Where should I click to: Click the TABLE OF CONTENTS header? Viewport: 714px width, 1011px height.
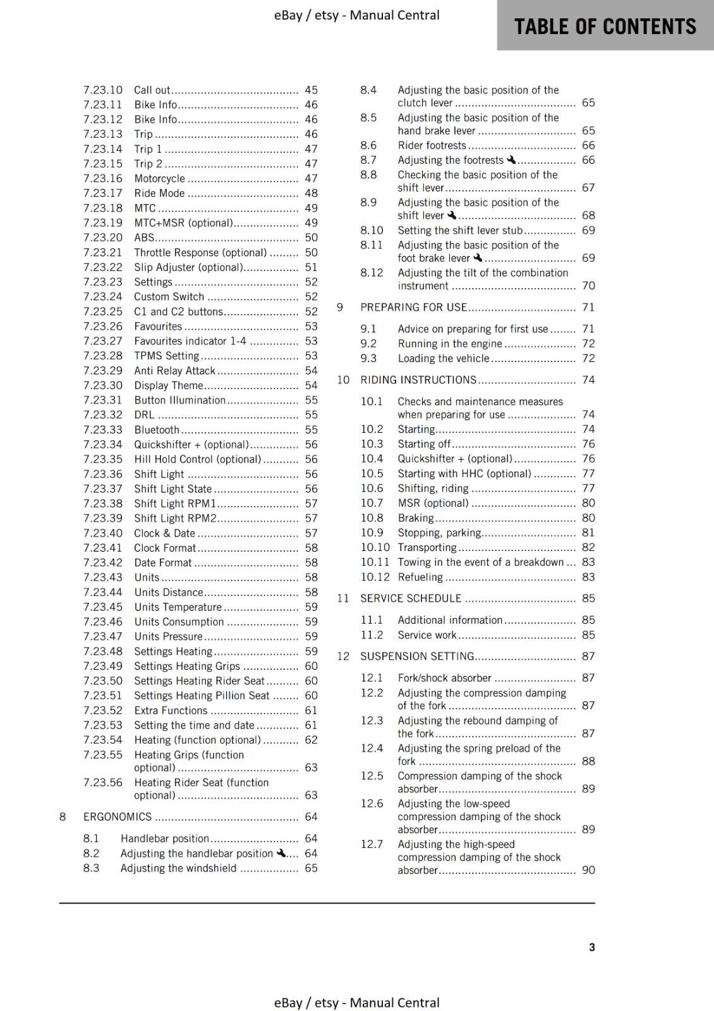(x=605, y=26)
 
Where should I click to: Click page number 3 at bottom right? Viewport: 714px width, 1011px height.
(x=591, y=947)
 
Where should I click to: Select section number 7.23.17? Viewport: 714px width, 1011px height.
(x=102, y=193)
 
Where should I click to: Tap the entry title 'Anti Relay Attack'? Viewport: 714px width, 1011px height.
(x=174, y=371)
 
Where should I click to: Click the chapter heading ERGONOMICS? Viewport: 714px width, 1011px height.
(x=118, y=817)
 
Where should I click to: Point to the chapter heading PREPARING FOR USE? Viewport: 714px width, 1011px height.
(x=413, y=307)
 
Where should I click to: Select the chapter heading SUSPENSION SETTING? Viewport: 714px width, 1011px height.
(x=417, y=657)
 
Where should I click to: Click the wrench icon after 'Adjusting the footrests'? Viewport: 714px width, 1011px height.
(x=511, y=160)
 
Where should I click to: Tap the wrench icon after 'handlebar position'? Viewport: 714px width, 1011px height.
(x=281, y=853)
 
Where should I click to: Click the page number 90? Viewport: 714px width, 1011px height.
(x=588, y=870)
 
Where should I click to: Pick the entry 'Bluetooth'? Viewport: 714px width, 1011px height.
(x=157, y=430)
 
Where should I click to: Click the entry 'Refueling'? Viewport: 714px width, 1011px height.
(x=420, y=577)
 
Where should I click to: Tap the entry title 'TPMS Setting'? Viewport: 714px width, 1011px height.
(x=166, y=356)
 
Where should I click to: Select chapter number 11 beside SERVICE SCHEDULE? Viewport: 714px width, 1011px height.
(x=343, y=598)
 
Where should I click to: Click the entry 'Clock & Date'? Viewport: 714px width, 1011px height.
(x=164, y=533)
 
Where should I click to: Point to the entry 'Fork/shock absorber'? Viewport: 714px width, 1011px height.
(x=444, y=678)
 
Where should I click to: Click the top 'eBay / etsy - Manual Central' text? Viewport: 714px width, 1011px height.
(x=356, y=15)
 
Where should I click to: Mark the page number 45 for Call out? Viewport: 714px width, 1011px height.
(x=311, y=90)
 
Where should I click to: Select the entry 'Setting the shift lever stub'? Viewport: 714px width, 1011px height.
(x=460, y=231)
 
